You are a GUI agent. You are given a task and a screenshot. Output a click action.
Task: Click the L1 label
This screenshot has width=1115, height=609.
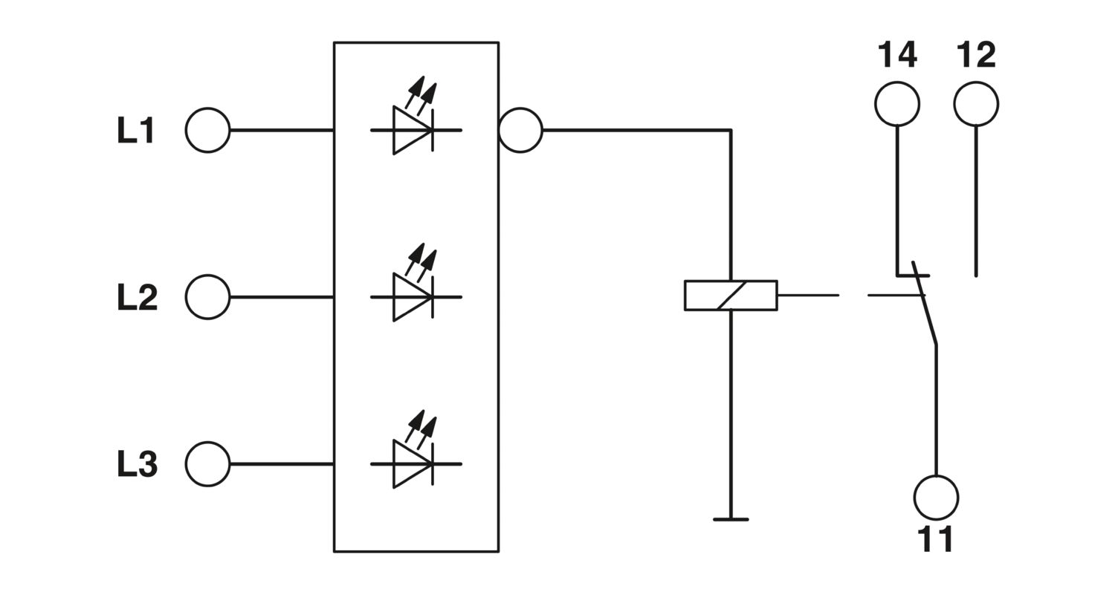[x=135, y=131]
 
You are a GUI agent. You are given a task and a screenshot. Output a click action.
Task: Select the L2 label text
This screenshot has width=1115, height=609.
[x=137, y=297]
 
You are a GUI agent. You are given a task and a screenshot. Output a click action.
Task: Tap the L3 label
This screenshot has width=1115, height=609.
[x=137, y=464]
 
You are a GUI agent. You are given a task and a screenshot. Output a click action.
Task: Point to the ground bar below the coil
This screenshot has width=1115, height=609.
[x=731, y=520]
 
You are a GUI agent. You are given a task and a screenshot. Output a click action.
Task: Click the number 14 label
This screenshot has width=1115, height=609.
[x=897, y=55]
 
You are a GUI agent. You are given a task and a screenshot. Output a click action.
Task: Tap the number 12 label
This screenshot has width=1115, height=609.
[x=976, y=55]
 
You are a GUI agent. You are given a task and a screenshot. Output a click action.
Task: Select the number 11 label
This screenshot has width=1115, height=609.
[x=935, y=539]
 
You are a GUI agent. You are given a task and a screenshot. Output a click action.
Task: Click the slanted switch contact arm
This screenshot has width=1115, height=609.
[x=925, y=303]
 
